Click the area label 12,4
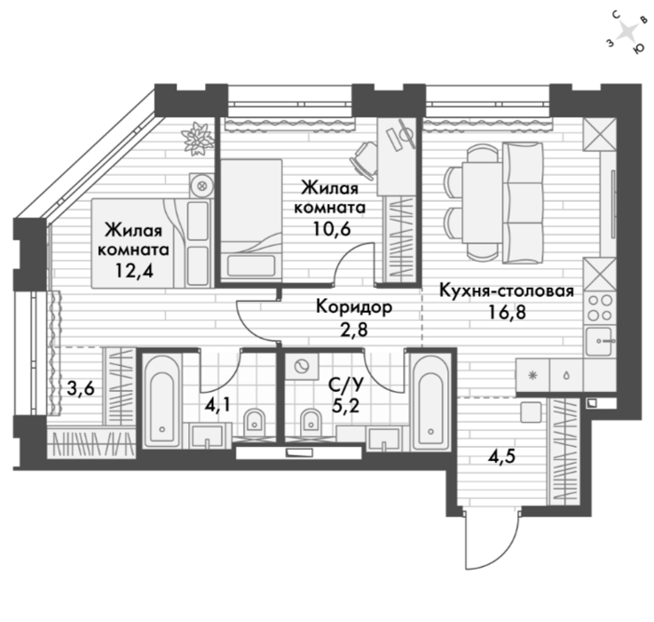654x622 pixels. click(134, 271)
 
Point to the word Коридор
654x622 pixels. click(354, 307)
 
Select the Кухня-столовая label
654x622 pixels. click(507, 291)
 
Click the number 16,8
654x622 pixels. click(507, 312)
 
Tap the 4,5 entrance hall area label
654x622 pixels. click(501, 456)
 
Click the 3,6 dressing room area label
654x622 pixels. click(81, 388)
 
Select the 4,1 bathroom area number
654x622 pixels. click(217, 405)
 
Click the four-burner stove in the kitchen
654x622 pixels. click(600, 307)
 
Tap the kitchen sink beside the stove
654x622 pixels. click(601, 341)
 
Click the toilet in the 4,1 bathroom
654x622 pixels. click(254, 423)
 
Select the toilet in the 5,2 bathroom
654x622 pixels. click(311, 423)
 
